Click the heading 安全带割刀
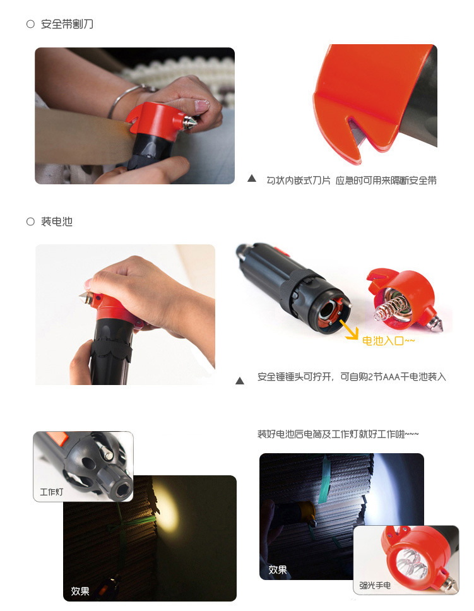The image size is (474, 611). coord(67,24)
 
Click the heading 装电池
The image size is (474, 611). coord(57,222)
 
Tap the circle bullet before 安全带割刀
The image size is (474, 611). coord(30,24)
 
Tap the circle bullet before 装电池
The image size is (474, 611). coord(30,222)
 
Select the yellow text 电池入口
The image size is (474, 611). coord(383,341)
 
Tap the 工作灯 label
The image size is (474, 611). coord(52,492)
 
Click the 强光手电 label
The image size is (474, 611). coord(375,585)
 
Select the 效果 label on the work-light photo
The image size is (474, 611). coord(80,591)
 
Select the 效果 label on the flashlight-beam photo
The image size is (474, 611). coord(278,570)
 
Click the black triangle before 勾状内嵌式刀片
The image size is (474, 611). coord(252,179)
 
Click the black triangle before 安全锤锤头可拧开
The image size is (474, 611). coord(240,381)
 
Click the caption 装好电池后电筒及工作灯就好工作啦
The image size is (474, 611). coord(338,434)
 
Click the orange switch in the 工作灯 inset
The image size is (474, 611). coord(57,439)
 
